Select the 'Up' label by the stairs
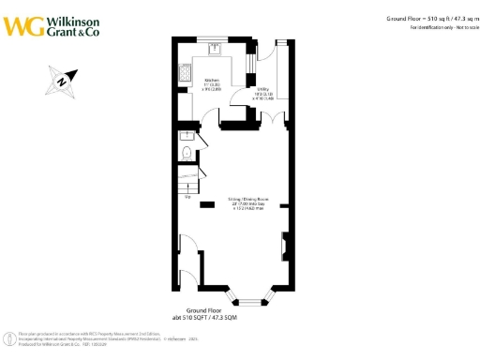188,198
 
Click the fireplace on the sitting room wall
284,249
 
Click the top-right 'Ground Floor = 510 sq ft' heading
427,18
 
